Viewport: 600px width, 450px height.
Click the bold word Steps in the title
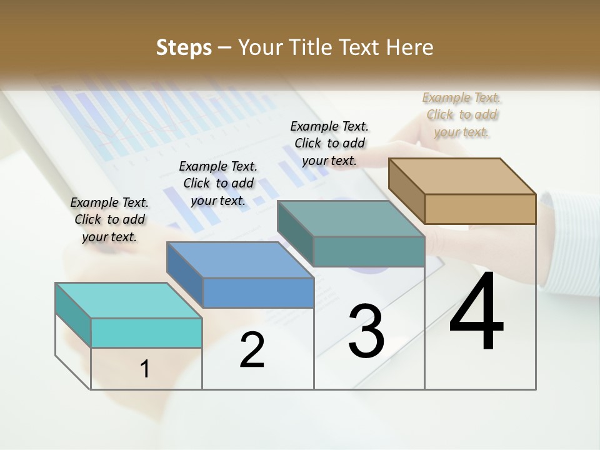[184, 47]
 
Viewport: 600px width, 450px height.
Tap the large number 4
[476, 312]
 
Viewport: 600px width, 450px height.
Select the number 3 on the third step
[366, 331]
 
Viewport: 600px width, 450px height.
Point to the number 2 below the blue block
[252, 349]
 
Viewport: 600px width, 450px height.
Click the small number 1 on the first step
[145, 369]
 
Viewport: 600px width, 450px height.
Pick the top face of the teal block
[129, 301]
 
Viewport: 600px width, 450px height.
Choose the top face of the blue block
[240, 260]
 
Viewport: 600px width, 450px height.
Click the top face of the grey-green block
[351, 219]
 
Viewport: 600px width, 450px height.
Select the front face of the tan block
[480, 209]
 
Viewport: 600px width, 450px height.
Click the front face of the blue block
[258, 292]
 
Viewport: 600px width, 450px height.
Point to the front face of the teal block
[146, 332]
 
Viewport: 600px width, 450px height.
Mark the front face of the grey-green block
[369, 251]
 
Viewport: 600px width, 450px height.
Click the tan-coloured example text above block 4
[462, 114]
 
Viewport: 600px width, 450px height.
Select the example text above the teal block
[109, 219]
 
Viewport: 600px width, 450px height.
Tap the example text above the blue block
[218, 183]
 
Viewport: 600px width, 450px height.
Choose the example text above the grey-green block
[329, 143]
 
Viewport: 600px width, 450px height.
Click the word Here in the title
[411, 47]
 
